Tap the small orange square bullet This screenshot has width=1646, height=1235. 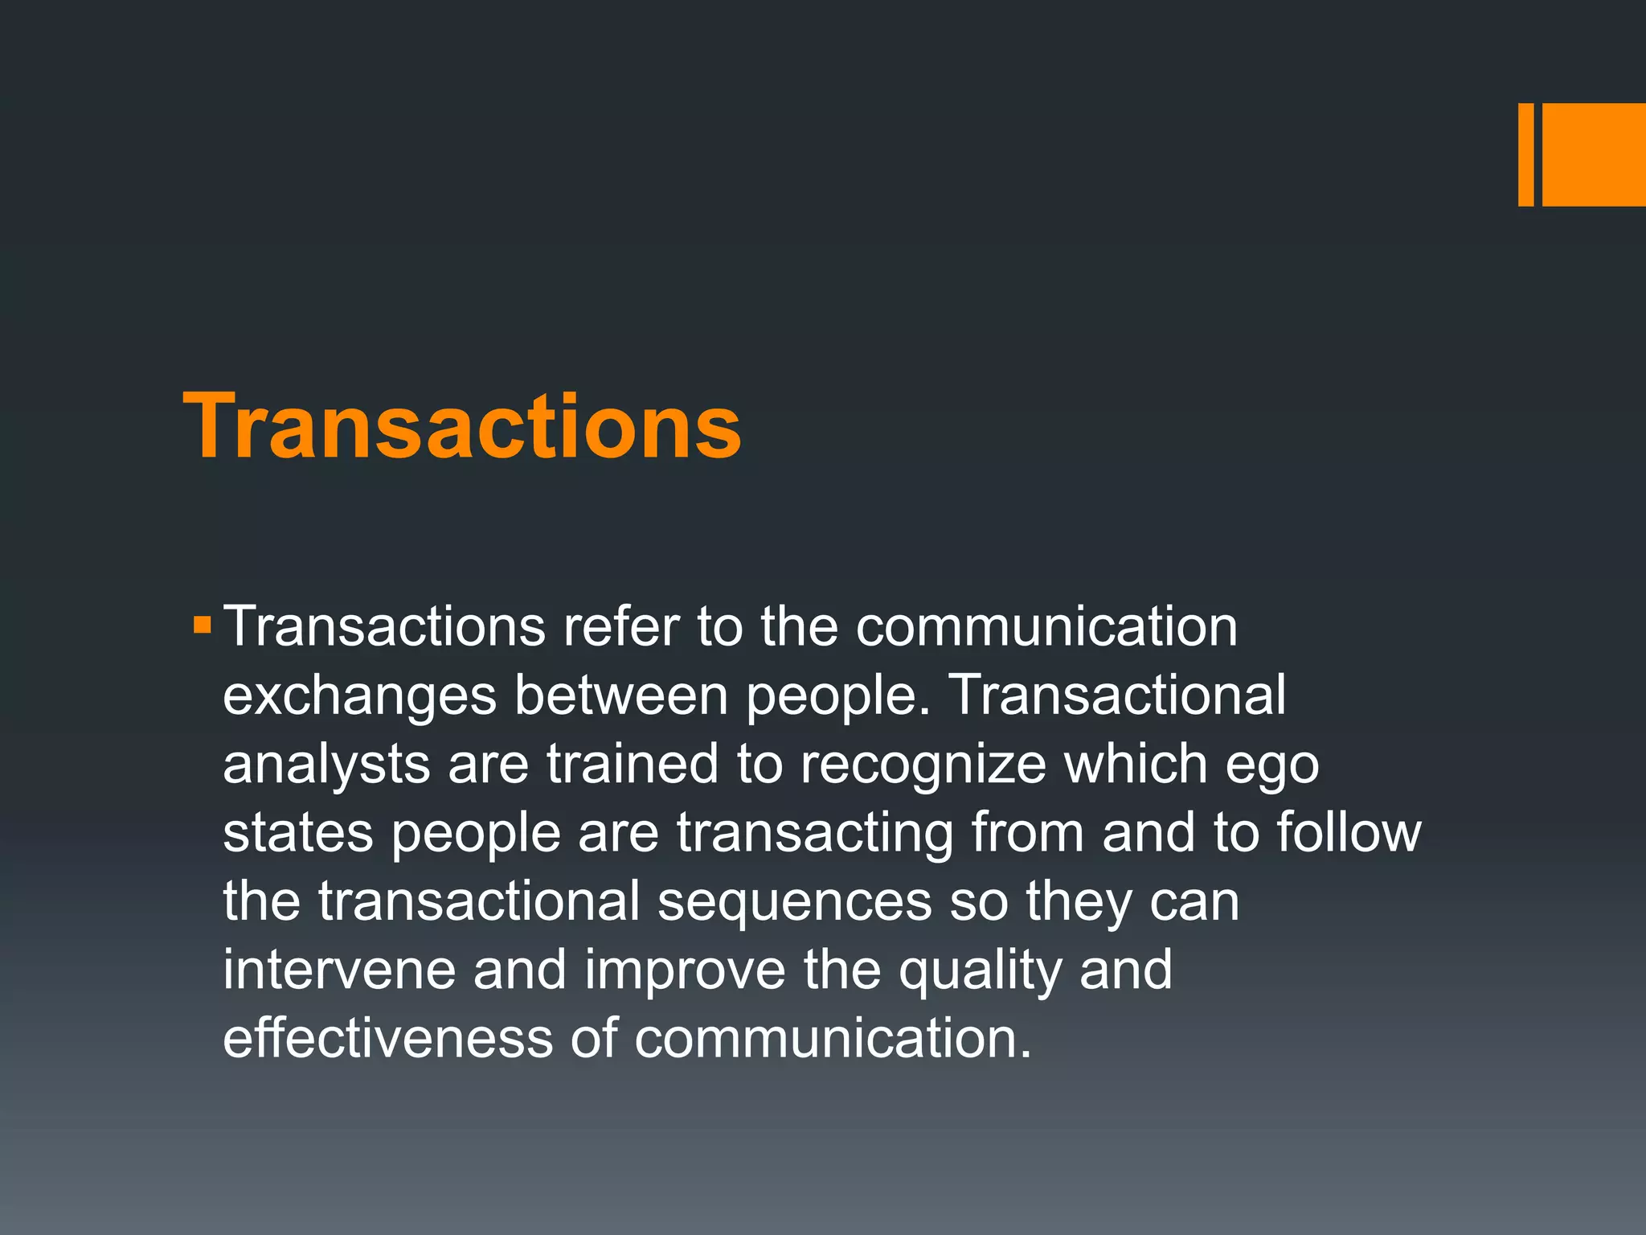click(202, 624)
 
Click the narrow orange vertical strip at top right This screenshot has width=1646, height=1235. click(1525, 154)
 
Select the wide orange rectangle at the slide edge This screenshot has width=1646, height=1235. click(1594, 154)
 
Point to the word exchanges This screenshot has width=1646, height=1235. click(359, 696)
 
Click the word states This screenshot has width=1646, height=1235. click(298, 833)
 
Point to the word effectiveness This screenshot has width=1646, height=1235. click(387, 1039)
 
